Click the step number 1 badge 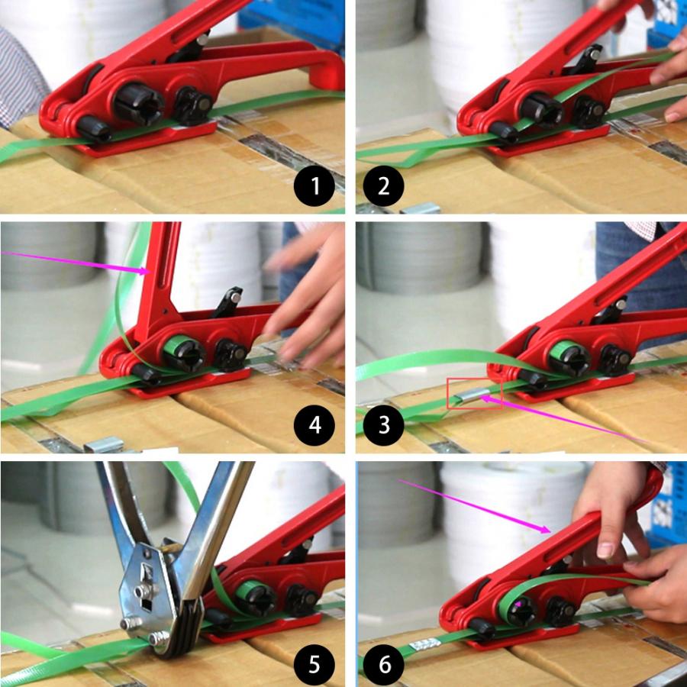click(x=314, y=185)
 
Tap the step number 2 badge click(x=385, y=185)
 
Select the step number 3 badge click(x=385, y=424)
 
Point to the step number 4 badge click(x=314, y=424)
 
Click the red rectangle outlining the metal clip click(x=474, y=392)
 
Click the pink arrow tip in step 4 click(x=150, y=270)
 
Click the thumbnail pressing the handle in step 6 click(x=606, y=549)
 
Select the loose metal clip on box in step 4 click(x=103, y=443)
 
